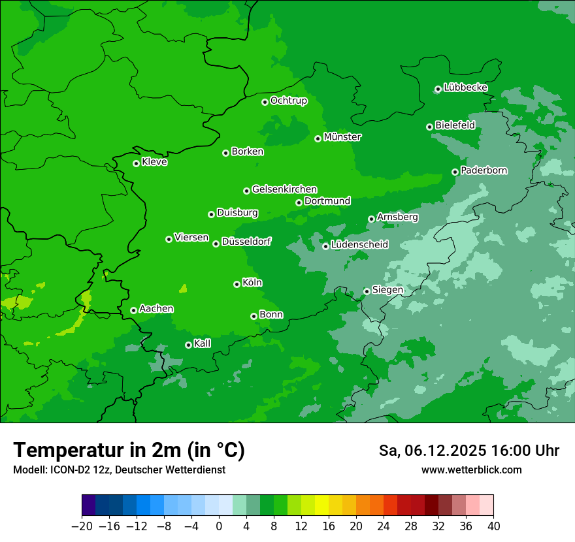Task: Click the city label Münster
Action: (x=342, y=137)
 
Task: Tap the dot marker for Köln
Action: (x=237, y=284)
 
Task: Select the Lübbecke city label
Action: (x=465, y=88)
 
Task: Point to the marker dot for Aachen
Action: (x=133, y=310)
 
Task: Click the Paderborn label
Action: (x=484, y=170)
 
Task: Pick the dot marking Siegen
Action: (x=367, y=291)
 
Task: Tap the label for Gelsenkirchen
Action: (x=284, y=189)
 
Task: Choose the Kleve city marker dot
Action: (x=136, y=163)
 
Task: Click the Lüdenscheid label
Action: (x=359, y=245)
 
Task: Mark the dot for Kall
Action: (x=188, y=345)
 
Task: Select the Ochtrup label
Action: (x=288, y=101)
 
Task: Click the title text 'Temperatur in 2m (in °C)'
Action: (x=129, y=450)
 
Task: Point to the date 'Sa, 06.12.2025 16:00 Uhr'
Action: (x=468, y=451)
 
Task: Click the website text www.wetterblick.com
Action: (x=471, y=470)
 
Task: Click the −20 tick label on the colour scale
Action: (x=82, y=526)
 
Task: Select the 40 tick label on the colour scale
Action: (x=493, y=526)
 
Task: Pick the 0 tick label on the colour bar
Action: (x=219, y=526)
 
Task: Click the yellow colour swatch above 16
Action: (x=321, y=505)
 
